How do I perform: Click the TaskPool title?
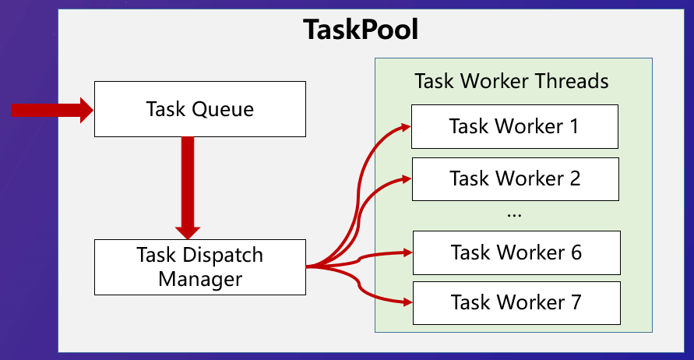point(361,30)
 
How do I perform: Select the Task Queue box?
point(200,109)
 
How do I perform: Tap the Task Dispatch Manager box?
point(200,267)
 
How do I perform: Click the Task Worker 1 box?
point(515,127)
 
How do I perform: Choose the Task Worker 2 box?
point(515,179)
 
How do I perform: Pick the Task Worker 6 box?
point(516,252)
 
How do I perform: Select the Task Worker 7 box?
point(516,303)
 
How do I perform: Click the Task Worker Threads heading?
point(511,81)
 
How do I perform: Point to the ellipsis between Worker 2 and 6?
point(514,216)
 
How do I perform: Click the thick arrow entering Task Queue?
point(52,110)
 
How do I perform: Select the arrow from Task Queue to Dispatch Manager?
point(188,189)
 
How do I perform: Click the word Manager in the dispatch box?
point(200,280)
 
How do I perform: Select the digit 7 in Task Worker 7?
point(576,302)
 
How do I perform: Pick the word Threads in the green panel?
point(572,81)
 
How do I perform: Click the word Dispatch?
point(223,256)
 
